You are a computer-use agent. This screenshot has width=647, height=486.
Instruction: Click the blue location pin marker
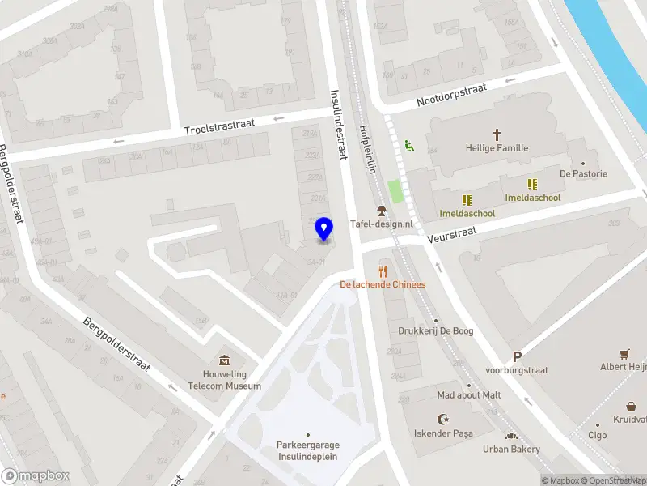point(323,229)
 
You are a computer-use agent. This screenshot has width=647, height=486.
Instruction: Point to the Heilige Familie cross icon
point(497,134)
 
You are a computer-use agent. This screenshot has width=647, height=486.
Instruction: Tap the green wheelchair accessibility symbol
point(409,146)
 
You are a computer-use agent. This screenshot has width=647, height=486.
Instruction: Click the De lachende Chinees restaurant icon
point(383,271)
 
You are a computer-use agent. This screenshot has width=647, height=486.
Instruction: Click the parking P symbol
point(517,356)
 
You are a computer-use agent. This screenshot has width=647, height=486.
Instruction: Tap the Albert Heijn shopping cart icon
point(624,353)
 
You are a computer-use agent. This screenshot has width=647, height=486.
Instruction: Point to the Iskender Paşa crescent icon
point(442,419)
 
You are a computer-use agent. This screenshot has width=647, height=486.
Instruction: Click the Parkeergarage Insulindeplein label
point(307,450)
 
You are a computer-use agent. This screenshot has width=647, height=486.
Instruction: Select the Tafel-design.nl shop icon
point(381,211)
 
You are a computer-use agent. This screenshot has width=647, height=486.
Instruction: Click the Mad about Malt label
point(469,394)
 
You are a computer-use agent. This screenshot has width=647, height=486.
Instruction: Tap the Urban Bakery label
point(511,448)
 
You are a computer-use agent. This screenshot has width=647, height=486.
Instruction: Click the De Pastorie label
point(583,173)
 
